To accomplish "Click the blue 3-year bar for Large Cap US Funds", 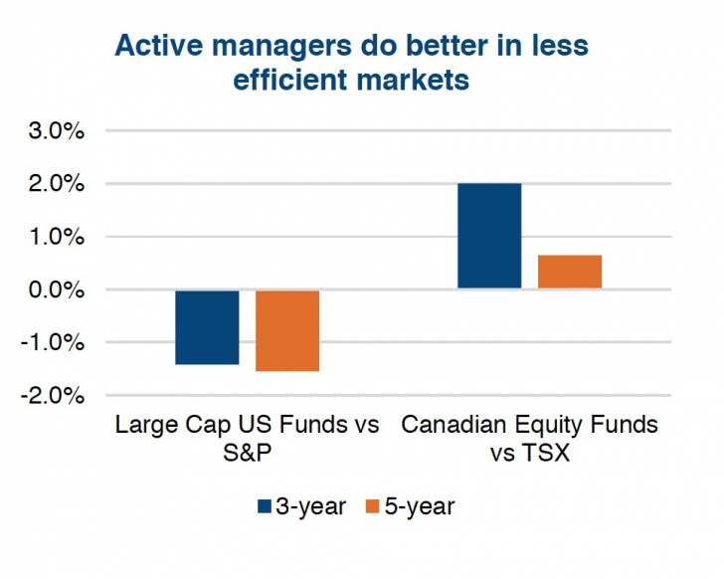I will [207, 327].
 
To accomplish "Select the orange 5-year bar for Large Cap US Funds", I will [287, 330].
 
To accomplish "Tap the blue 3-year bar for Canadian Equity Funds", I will [489, 236].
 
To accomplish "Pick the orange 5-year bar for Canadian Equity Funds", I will [570, 272].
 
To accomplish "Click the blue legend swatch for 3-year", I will [265, 506].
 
